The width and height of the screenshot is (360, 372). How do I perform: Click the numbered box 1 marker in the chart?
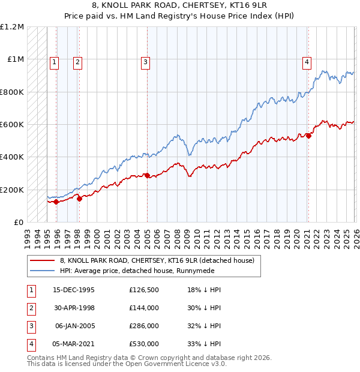pos(55,61)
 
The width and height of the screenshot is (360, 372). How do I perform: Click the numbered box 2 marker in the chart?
pos(78,61)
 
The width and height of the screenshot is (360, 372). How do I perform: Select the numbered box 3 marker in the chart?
pos(146,61)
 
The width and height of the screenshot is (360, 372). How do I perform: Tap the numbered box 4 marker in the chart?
pos(307,61)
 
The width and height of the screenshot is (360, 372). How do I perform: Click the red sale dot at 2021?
pos(309,136)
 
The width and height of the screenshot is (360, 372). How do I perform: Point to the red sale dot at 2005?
pos(148,176)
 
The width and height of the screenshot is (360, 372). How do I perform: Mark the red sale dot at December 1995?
pos(56,202)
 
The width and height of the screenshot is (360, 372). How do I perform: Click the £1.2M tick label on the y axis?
pos(12,27)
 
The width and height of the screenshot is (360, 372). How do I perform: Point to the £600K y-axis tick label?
pos(12,125)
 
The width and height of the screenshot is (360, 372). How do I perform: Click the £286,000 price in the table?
pos(143,327)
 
